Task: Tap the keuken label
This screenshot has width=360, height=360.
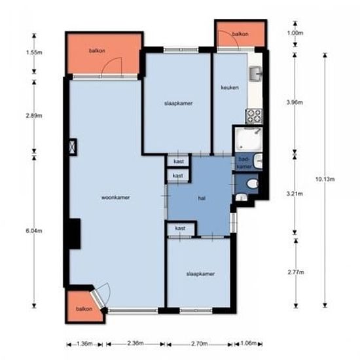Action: coord(228,87)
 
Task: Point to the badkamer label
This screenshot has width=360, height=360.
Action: coord(243,163)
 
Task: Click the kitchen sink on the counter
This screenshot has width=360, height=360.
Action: coord(256,73)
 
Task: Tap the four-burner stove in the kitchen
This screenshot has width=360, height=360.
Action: coord(253,116)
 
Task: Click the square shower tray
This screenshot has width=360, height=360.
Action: coord(248,138)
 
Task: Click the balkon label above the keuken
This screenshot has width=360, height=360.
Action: coord(240,33)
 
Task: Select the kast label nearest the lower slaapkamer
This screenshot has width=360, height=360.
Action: coord(180,228)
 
